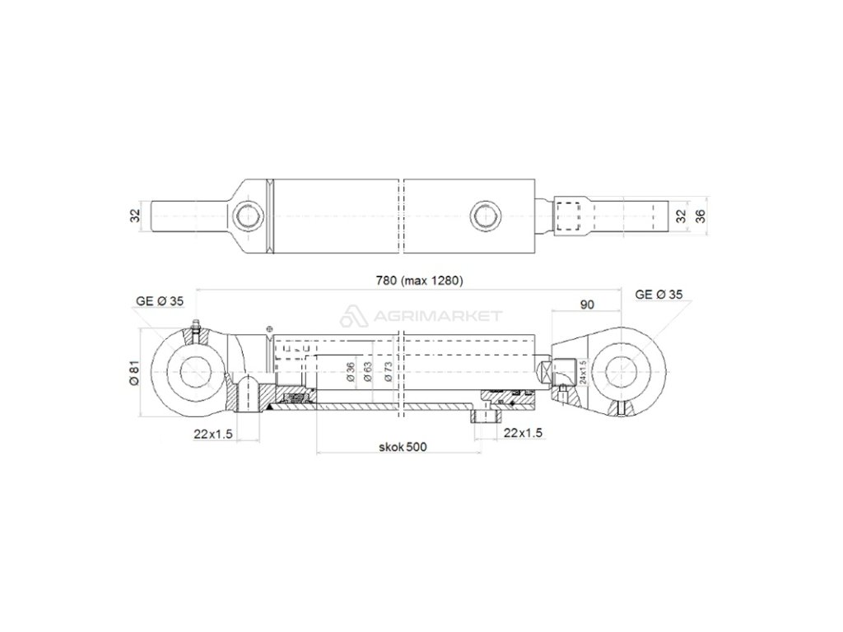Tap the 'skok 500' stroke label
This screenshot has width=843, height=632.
[x=403, y=447]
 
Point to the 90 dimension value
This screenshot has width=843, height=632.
[x=588, y=304]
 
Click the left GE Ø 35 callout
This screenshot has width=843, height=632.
[x=160, y=301]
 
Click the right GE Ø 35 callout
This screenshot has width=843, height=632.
[x=659, y=295]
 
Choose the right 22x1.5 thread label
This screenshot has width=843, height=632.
[x=523, y=433]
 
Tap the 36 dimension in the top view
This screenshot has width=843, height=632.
[x=700, y=216]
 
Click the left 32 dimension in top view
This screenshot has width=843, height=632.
[x=135, y=216]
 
